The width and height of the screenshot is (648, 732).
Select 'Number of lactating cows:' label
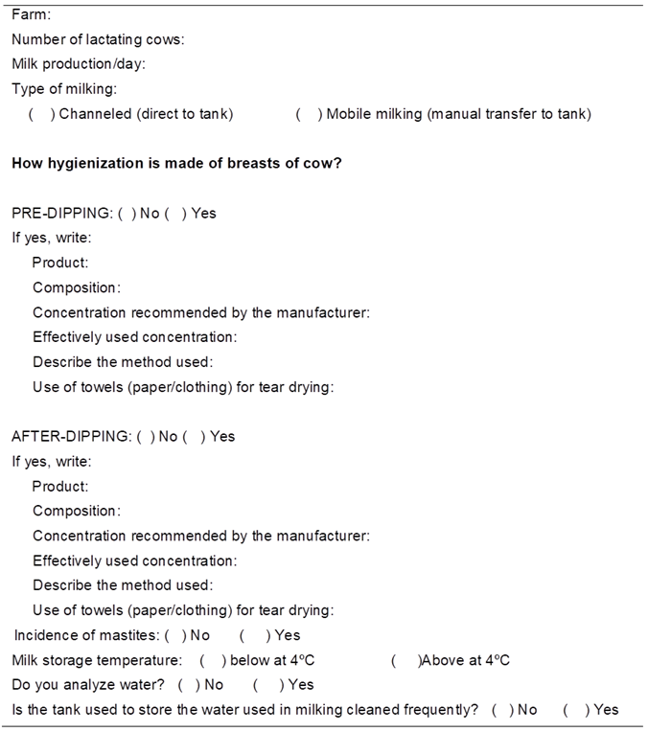[x=98, y=39]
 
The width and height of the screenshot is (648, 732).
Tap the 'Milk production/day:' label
[x=79, y=64]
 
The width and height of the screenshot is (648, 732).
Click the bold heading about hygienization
[x=176, y=163]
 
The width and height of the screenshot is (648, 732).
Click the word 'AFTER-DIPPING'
[x=70, y=436]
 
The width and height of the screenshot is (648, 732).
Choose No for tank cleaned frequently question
[x=503, y=710]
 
